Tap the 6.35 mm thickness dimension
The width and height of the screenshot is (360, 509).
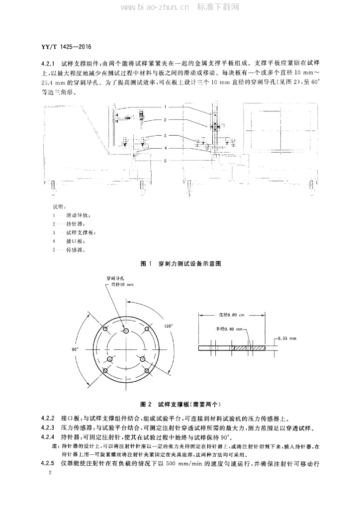(287, 338)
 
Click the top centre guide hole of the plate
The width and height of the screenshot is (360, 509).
(126, 331)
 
